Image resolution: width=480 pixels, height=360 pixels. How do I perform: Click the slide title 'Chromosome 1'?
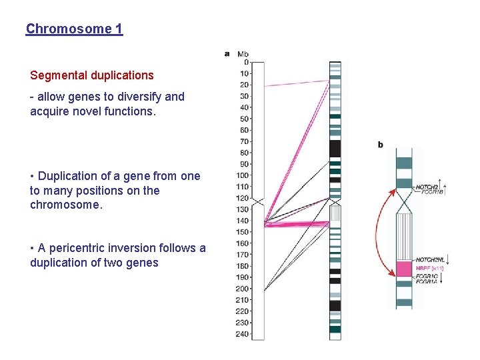click(74, 29)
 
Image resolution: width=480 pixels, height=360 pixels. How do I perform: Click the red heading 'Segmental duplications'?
click(92, 75)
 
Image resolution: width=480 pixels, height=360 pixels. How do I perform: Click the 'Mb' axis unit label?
click(243, 54)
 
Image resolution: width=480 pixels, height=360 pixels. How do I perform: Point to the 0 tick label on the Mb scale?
click(246, 62)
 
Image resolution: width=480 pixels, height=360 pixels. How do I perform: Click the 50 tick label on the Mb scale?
click(244, 119)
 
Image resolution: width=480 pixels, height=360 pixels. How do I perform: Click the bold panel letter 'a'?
click(227, 53)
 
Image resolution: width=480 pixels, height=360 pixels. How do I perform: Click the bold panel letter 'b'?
click(381, 145)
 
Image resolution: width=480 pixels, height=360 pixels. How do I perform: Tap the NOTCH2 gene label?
click(427, 187)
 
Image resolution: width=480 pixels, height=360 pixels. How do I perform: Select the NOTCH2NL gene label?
click(430, 259)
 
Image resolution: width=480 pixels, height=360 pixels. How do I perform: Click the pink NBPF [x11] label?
click(430, 268)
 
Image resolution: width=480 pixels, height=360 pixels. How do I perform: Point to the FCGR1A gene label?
click(427, 281)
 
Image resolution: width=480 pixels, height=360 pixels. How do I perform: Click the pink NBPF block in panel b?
click(404, 269)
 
